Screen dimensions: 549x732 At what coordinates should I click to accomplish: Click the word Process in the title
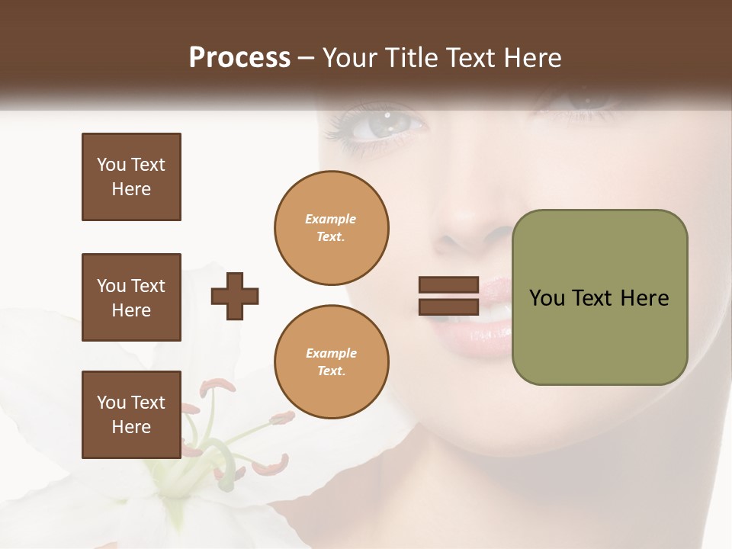click(239, 58)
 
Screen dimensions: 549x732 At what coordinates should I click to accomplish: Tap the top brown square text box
click(131, 177)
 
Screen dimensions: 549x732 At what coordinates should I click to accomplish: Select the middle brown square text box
click(131, 297)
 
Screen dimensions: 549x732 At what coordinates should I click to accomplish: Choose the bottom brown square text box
click(131, 415)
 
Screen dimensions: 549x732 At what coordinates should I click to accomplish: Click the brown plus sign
click(235, 297)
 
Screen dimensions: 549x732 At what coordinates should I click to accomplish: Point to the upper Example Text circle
click(331, 228)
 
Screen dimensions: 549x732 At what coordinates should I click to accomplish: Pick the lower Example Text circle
click(331, 362)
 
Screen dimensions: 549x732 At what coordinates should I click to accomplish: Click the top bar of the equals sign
click(448, 285)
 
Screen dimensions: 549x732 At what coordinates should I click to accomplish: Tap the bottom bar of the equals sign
click(448, 307)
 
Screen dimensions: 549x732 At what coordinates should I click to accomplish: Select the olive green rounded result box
click(599, 297)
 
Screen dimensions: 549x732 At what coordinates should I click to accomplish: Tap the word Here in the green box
click(644, 298)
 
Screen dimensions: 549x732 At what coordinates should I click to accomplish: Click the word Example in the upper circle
click(331, 219)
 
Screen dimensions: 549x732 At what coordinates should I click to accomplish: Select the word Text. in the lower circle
click(331, 371)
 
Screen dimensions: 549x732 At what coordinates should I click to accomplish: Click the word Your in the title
click(348, 58)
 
